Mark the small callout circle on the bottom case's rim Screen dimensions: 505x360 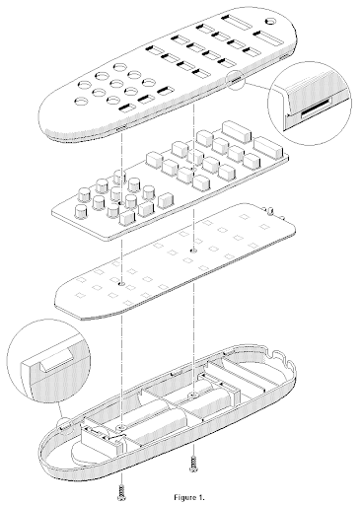[x=64, y=425]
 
